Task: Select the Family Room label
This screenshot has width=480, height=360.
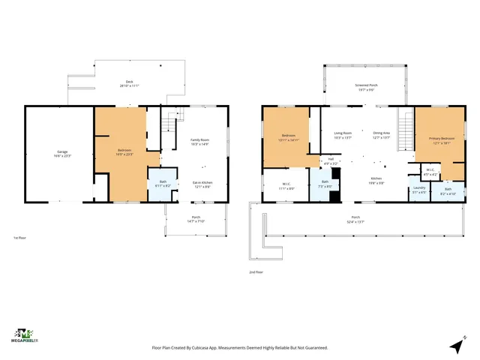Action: pyautogui.click(x=199, y=142)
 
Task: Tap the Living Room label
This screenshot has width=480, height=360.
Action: pyautogui.click(x=342, y=135)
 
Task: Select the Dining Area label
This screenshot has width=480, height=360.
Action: pyautogui.click(x=381, y=135)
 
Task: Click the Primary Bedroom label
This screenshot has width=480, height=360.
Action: pyautogui.click(x=440, y=140)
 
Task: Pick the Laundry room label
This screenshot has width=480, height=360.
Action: pyautogui.click(x=418, y=190)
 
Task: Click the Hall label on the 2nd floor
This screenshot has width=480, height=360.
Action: pyautogui.click(x=330, y=160)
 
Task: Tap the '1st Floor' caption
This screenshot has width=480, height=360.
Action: pyautogui.click(x=21, y=238)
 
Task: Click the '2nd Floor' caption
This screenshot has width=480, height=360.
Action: pyautogui.click(x=256, y=272)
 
